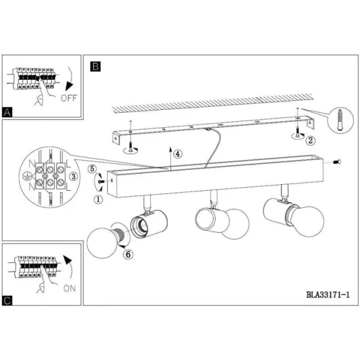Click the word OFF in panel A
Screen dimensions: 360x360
pos(69,98)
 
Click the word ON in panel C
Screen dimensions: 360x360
pos(70,289)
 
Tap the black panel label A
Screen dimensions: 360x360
pos(7,113)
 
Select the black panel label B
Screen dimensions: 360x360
pos(95,67)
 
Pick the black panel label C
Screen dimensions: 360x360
pos(7,301)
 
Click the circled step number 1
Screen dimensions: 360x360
pos(98,199)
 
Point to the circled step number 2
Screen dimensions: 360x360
pos(310,140)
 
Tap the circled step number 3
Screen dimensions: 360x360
pos(73,176)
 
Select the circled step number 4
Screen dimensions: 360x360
pos(178,154)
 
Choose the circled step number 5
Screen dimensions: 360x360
pos(92,169)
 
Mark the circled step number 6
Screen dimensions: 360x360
pos(128,254)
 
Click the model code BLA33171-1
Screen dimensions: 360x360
pos(328,295)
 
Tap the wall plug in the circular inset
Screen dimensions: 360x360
pos(340,121)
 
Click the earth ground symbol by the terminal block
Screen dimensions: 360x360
pos(26,176)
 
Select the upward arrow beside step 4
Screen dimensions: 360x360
pos(170,158)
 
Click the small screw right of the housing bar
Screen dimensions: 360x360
pos(337,162)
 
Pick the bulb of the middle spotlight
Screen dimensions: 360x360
pos(236,224)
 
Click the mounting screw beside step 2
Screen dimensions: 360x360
pos(297,131)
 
